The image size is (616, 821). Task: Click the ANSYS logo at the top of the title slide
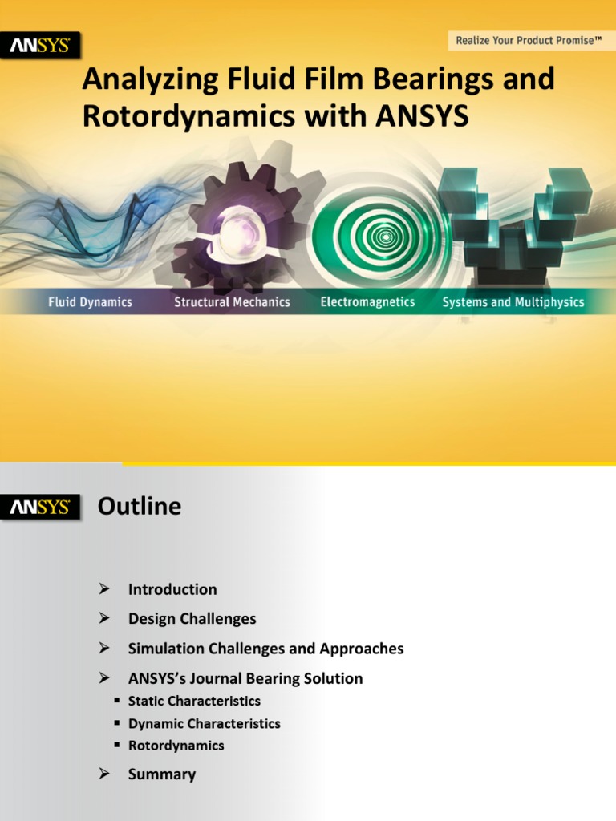pos(39,46)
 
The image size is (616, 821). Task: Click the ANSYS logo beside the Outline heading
pos(39,508)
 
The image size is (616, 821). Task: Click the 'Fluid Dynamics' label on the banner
pos(90,302)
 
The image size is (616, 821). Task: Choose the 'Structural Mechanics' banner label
pos(232,302)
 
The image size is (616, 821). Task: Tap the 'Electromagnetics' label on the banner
pos(367,302)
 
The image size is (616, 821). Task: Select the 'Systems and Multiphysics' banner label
pos(513,302)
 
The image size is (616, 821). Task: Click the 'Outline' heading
pos(140,507)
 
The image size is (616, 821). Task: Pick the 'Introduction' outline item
pos(172,589)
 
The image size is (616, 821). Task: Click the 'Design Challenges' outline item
pos(192,619)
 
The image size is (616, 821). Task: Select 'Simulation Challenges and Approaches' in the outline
pos(265,649)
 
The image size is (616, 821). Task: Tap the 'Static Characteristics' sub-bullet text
pos(194,701)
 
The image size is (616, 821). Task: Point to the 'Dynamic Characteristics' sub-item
pos(204,723)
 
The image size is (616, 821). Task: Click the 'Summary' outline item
pos(162,774)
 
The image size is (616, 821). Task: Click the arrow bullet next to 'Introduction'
pos(103,589)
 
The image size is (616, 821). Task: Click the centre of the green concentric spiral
pos(386,236)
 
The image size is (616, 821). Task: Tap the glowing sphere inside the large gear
pos(237,230)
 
